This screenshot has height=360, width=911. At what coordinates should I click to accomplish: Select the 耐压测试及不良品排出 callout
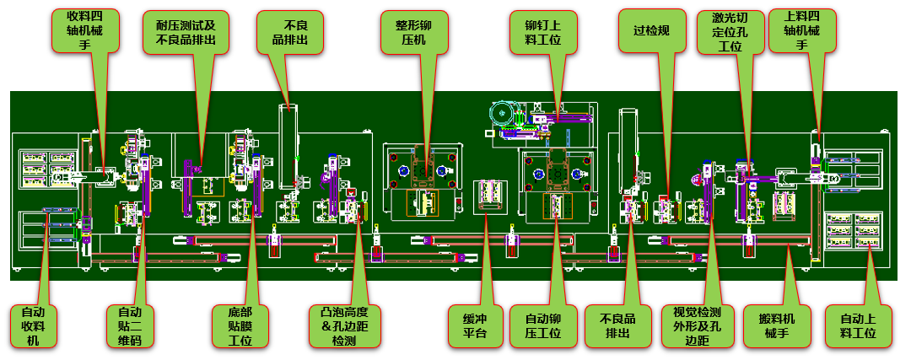[186, 33]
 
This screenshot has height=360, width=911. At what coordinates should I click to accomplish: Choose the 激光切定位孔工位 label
[730, 33]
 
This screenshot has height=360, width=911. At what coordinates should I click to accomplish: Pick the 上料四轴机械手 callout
[802, 31]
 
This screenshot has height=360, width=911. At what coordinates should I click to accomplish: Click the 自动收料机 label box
[33, 325]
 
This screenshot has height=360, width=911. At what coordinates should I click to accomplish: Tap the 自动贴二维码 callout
[124, 325]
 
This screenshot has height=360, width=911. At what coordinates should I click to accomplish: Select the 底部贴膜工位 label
[240, 325]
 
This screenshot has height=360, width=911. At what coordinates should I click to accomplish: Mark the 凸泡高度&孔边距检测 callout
[345, 325]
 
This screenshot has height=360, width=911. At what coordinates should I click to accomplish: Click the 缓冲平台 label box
[475, 325]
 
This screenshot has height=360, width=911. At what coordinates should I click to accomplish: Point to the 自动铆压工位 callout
[543, 325]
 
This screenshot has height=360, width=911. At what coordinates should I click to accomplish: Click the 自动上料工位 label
[858, 325]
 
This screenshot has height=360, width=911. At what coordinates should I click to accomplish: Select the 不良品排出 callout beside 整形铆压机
[290, 33]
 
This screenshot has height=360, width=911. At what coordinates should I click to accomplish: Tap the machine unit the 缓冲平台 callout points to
[490, 196]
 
